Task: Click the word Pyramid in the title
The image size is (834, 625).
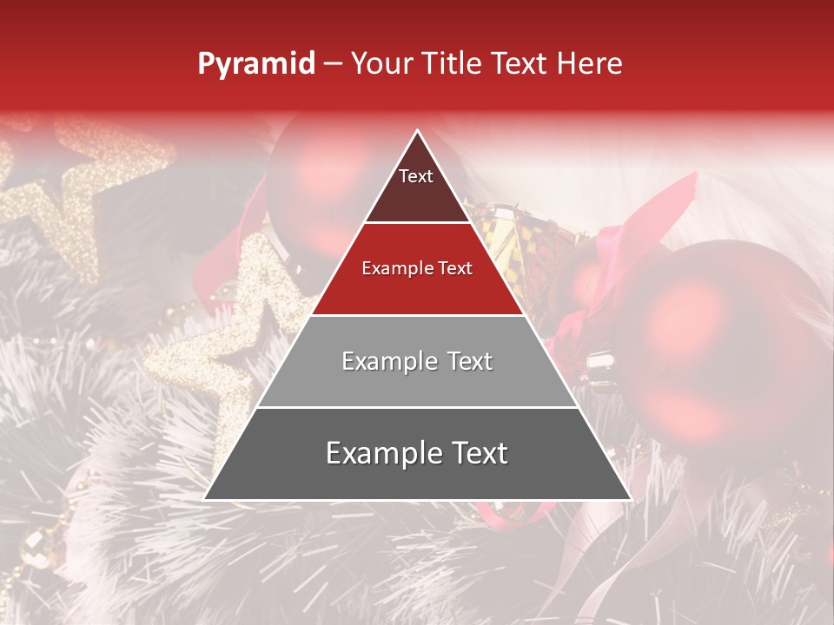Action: pos(255,64)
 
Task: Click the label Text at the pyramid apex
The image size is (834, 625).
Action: pos(416,176)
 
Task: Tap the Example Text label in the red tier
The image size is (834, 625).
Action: pos(417,268)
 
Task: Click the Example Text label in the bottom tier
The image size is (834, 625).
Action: pos(417,453)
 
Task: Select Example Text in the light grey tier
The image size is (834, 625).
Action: pos(417,361)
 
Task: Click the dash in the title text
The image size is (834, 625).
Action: pos(333,64)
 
